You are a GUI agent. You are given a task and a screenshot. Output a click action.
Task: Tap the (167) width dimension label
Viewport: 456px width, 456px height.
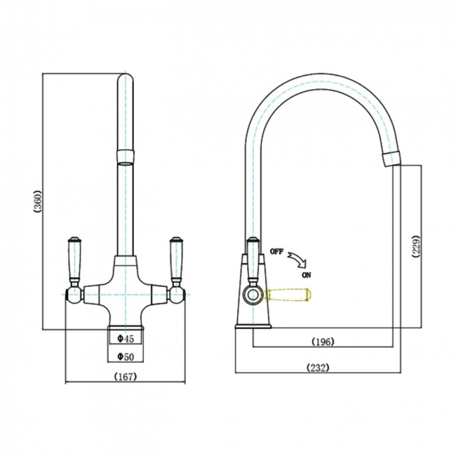(x=125, y=377)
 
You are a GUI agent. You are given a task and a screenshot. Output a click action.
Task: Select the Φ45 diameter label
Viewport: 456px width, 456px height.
(x=125, y=339)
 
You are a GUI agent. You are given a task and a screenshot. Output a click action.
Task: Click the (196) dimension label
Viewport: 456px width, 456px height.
(x=322, y=342)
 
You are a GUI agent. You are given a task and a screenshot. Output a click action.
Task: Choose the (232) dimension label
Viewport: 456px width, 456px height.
(x=317, y=368)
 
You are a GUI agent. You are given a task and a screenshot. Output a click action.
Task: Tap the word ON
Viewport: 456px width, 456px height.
(x=307, y=276)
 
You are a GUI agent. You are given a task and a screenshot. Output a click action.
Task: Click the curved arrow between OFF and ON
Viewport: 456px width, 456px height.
(x=299, y=260)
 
